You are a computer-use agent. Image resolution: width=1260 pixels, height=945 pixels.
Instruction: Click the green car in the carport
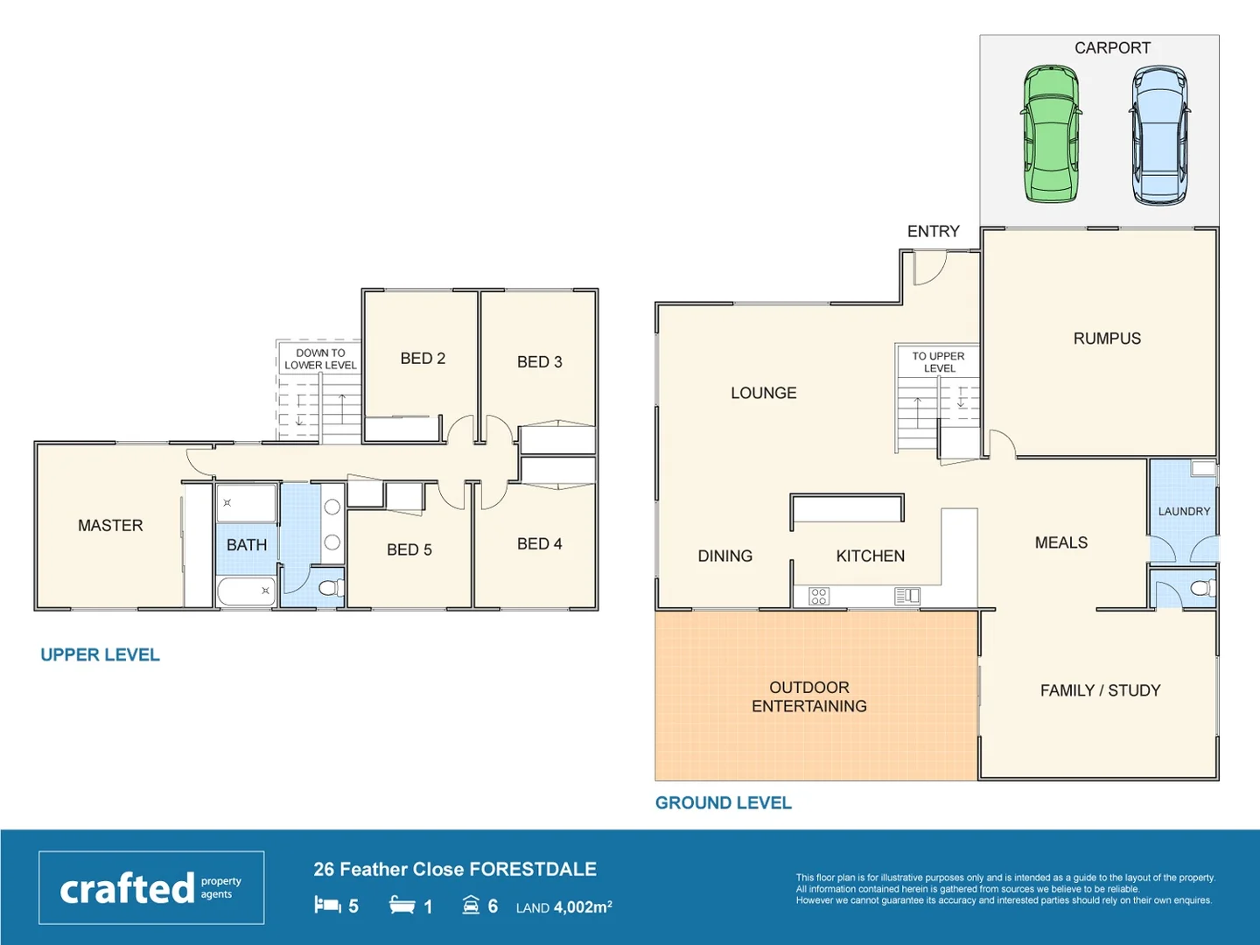click(1051, 134)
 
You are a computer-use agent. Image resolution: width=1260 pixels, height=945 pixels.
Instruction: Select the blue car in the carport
click(1159, 136)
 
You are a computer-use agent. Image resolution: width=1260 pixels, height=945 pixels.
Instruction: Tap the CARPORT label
click(1112, 48)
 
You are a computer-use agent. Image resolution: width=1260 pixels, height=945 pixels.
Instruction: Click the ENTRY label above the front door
click(933, 232)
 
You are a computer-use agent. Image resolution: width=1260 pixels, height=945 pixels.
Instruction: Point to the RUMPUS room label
click(1107, 339)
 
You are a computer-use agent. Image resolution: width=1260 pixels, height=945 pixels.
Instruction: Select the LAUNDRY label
click(1184, 512)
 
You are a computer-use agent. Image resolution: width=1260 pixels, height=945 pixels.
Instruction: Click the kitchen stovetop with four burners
click(819, 597)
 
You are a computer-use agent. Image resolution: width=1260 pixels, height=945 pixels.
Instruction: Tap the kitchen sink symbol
click(907, 596)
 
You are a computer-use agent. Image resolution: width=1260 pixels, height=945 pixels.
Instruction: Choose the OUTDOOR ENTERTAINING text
click(809, 697)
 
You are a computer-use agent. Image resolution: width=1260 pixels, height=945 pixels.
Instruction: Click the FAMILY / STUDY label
click(1100, 690)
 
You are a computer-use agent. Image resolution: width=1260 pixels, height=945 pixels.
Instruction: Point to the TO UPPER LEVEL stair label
click(938, 362)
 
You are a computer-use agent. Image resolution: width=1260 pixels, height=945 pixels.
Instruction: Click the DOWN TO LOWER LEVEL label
click(320, 360)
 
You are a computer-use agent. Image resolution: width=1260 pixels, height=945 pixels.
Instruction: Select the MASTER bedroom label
click(110, 526)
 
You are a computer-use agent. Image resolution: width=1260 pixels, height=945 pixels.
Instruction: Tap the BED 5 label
click(409, 550)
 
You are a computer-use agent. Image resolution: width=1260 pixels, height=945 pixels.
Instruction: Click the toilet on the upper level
click(331, 587)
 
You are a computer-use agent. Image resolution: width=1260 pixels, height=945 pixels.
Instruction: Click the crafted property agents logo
click(151, 888)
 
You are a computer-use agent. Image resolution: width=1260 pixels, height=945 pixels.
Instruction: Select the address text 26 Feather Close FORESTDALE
click(455, 870)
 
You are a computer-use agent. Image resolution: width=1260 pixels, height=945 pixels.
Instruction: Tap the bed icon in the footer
click(327, 905)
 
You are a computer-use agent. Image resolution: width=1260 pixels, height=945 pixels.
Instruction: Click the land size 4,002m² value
click(582, 907)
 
